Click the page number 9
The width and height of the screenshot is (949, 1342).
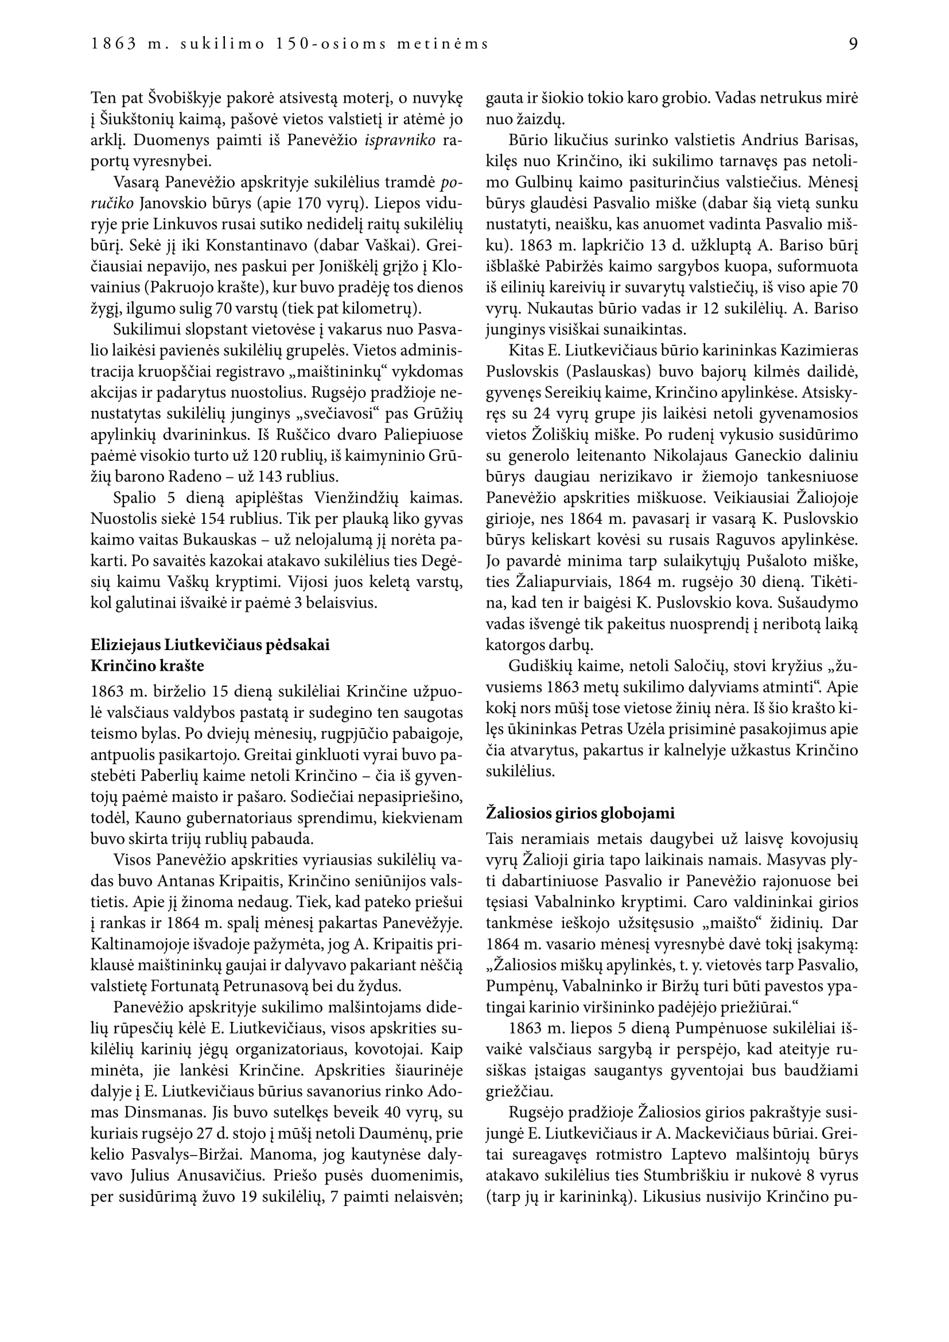pyautogui.click(x=853, y=44)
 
